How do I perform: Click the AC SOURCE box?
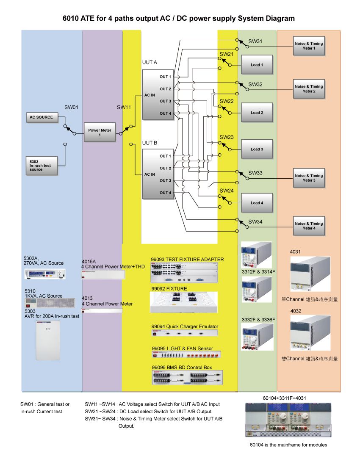(x=41, y=117)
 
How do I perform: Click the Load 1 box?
(x=257, y=65)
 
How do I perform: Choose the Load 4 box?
(x=257, y=203)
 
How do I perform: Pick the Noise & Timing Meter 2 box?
(x=309, y=89)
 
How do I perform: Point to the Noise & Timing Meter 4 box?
(x=309, y=226)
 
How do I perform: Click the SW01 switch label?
(x=72, y=108)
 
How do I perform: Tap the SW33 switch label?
(x=255, y=173)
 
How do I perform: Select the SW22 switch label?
(x=227, y=102)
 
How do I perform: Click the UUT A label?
(x=150, y=62)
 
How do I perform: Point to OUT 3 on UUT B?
(x=165, y=180)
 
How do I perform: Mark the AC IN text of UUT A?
(x=150, y=95)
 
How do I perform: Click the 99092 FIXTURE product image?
(x=184, y=302)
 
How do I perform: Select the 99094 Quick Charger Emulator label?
(x=185, y=326)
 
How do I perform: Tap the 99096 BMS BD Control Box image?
(x=187, y=377)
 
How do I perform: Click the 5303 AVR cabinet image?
(x=48, y=340)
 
